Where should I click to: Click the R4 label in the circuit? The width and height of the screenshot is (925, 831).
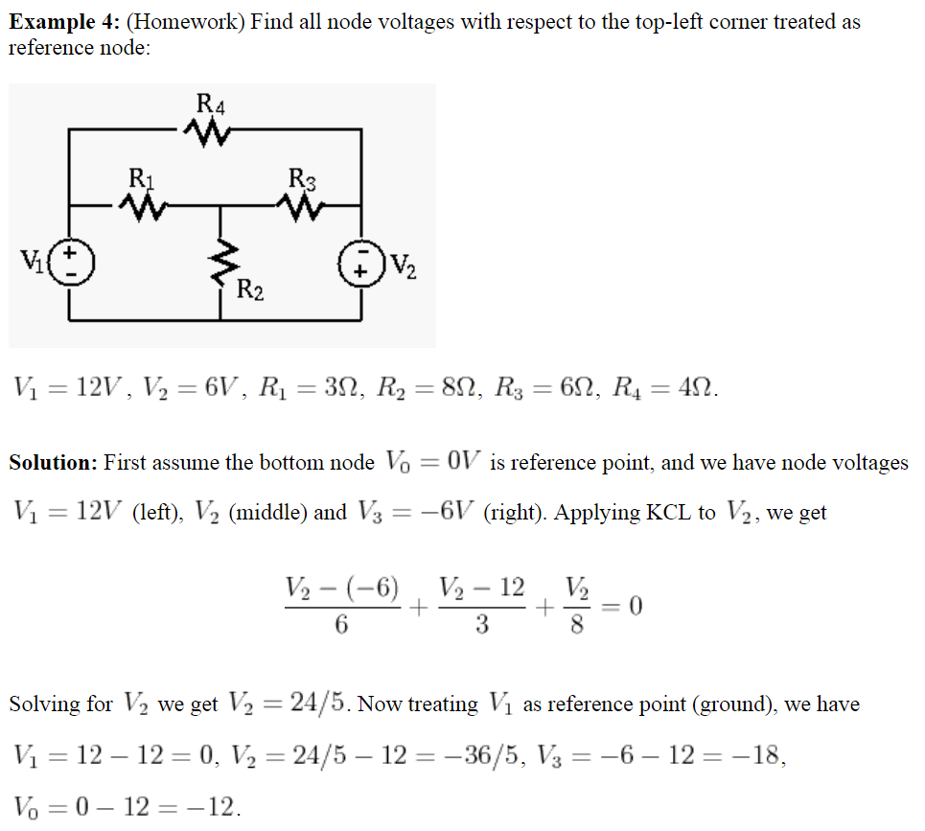[210, 102]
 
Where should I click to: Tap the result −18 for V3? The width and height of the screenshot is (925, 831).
[761, 757]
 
